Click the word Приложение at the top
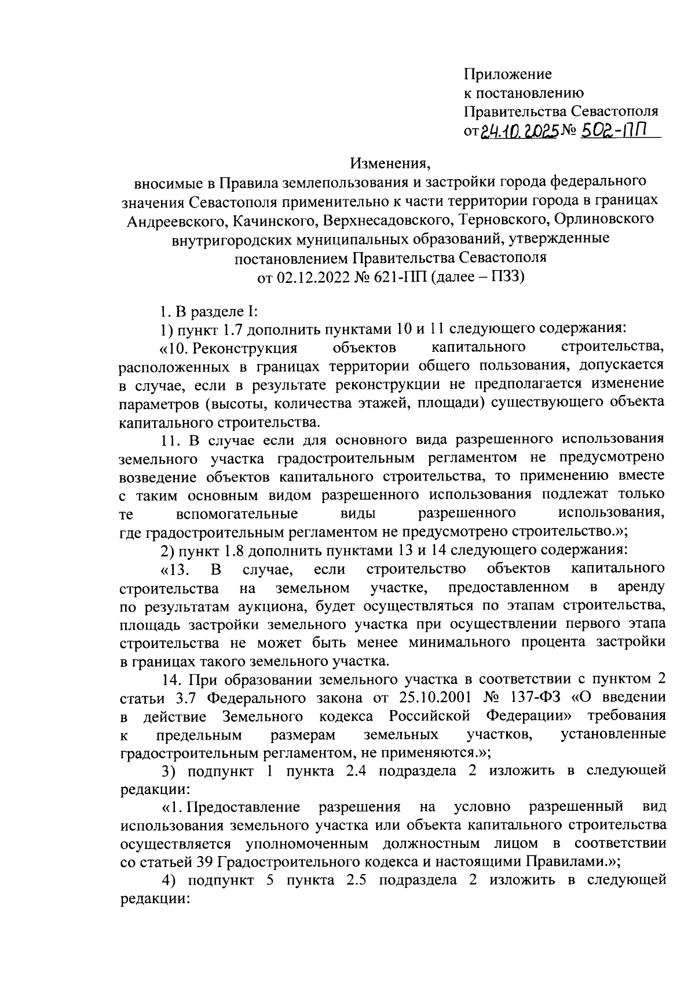507,74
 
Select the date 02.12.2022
313,276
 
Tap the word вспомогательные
237,514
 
